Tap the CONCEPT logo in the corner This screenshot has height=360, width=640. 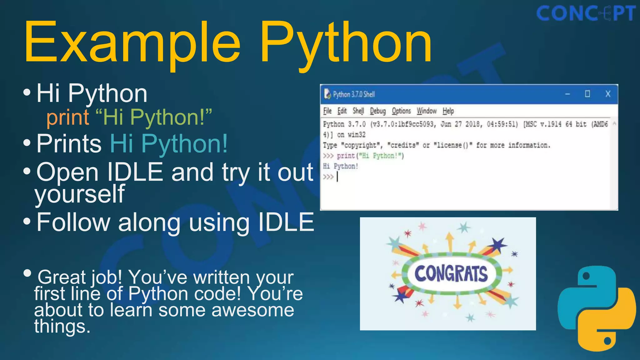click(586, 14)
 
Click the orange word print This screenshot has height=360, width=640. click(68, 117)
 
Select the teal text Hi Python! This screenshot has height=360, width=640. click(169, 143)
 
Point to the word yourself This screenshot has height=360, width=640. click(80, 194)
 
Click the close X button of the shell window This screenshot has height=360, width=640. click(608, 94)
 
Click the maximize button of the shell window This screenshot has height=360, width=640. click(587, 94)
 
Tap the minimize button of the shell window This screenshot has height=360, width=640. click(567, 94)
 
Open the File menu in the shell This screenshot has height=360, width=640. click(327, 111)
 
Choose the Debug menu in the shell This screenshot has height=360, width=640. click(378, 111)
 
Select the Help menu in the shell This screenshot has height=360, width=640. click(448, 111)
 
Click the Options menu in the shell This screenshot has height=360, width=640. click(401, 111)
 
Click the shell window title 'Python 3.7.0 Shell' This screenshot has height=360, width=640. click(354, 94)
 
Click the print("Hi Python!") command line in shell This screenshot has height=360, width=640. click(370, 156)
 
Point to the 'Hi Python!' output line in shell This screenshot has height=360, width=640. click(341, 166)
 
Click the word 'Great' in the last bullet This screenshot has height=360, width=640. click(62, 277)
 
